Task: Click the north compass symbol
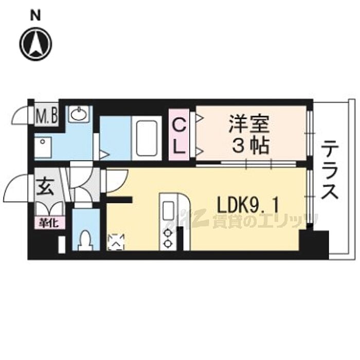(36, 43)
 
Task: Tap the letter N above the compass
(35, 15)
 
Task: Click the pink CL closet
(178, 135)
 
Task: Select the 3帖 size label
(249, 147)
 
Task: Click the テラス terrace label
(330, 171)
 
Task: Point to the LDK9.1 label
(248, 207)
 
